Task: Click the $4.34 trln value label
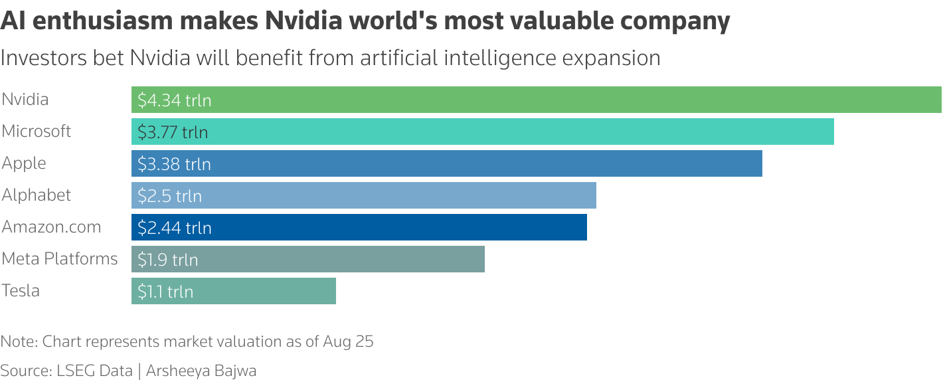174,100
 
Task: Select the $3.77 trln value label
173,132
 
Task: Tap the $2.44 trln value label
174,228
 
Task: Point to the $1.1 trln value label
165,292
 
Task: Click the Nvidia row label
25,100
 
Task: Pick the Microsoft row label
37,132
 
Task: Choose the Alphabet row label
37,195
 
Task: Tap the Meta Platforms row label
60,259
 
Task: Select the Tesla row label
21,291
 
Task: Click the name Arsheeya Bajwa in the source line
202,371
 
